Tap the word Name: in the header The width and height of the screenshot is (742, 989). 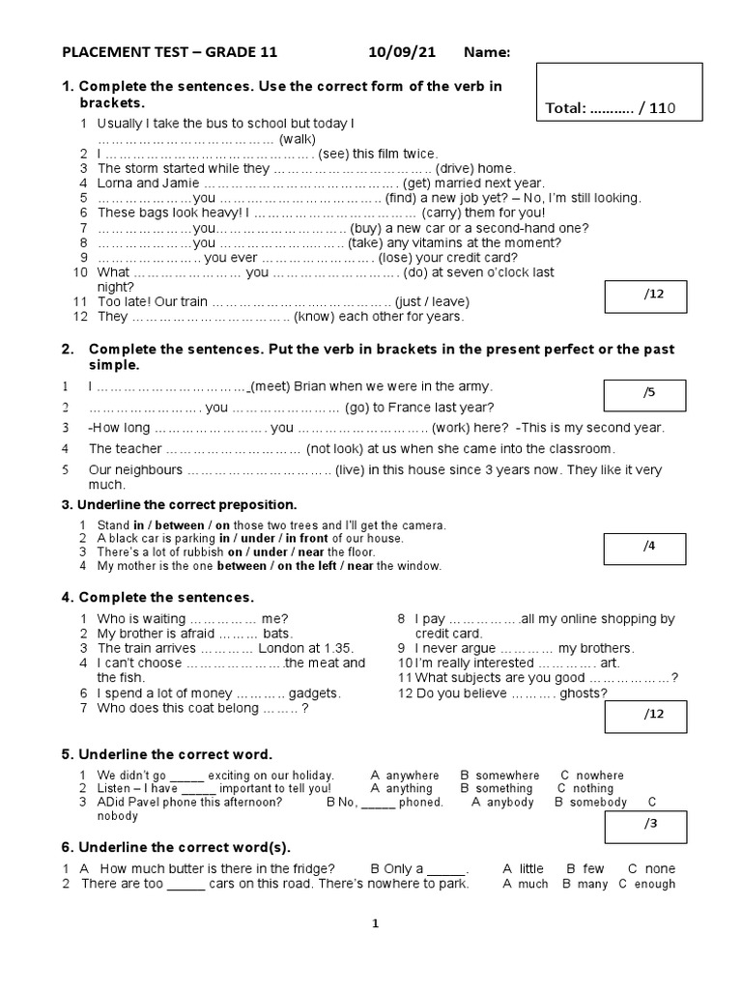[x=487, y=52]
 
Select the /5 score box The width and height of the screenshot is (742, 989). [x=644, y=395]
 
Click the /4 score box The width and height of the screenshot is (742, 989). [x=644, y=548]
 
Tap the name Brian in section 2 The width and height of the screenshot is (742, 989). [x=316, y=385]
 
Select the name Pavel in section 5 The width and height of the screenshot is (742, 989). [x=151, y=803]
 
